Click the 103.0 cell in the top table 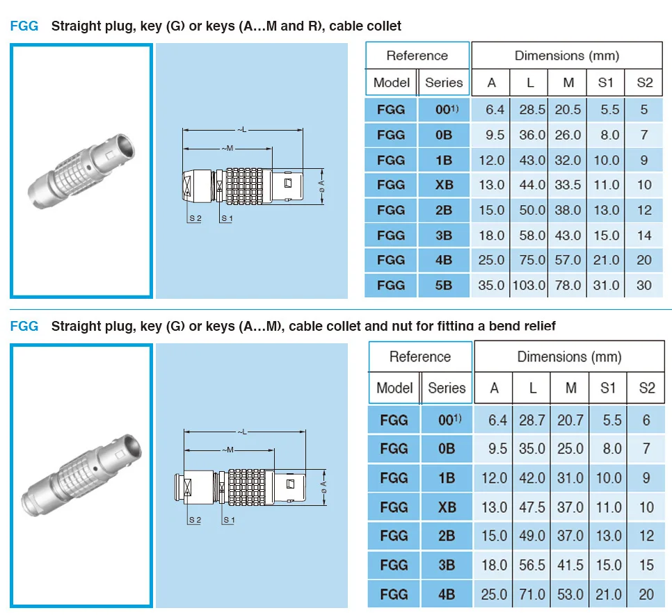(x=529, y=285)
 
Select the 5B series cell (x=444, y=285)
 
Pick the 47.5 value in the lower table (x=532, y=507)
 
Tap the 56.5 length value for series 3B (x=532, y=565)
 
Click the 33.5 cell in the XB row (x=568, y=185)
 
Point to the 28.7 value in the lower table (x=532, y=420)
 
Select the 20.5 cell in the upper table (x=568, y=110)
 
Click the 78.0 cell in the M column (x=568, y=285)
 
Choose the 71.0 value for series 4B (x=532, y=594)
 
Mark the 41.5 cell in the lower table (x=570, y=565)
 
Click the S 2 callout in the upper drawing (x=195, y=218)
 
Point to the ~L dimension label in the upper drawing (x=241, y=130)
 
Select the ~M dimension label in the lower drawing (x=228, y=450)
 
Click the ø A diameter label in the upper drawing (x=321, y=186)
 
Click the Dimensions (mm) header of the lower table (x=568, y=357)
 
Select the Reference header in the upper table (x=417, y=56)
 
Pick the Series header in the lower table (x=447, y=388)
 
